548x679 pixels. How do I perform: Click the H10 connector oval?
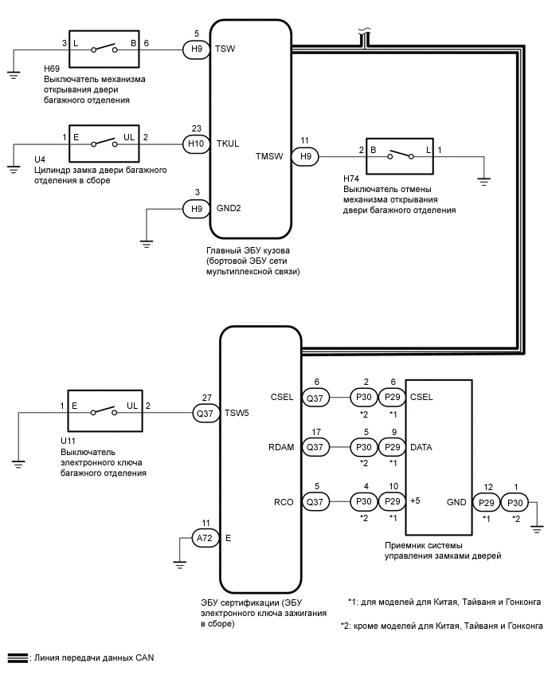click(195, 144)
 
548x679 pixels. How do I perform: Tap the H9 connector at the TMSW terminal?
click(306, 156)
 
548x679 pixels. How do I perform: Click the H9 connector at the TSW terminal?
click(196, 49)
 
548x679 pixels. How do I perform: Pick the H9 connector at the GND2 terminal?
click(196, 209)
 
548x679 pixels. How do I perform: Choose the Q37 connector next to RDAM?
click(316, 447)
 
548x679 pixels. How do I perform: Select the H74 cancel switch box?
click(397, 156)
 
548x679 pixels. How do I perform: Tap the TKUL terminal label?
click(229, 144)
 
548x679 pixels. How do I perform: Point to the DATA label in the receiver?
click(421, 447)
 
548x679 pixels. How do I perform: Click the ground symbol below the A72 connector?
click(180, 565)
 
